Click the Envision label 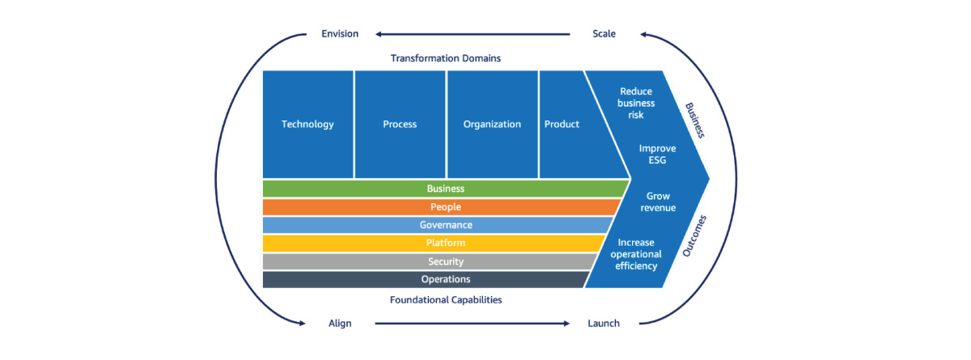(339, 34)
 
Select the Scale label (604, 34)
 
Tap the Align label (340, 324)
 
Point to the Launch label (603, 324)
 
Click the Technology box (307, 124)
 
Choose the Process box (400, 124)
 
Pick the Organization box (492, 124)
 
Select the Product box (562, 124)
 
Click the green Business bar (445, 188)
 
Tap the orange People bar (445, 207)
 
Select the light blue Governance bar (445, 225)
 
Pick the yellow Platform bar (445, 243)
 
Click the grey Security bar (445, 261)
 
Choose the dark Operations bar (445, 279)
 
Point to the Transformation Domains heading (445, 58)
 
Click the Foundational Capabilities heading (445, 299)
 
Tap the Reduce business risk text (636, 104)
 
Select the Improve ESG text (657, 155)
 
